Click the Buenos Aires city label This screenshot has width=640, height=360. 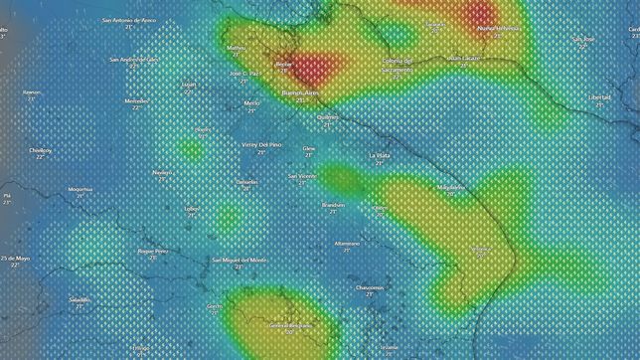pyautogui.click(x=300, y=92)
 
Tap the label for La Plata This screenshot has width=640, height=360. pyautogui.click(x=379, y=156)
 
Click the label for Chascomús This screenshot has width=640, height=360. pyautogui.click(x=370, y=286)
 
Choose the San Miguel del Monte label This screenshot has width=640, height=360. pyautogui.click(x=240, y=260)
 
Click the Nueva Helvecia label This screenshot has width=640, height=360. pyautogui.click(x=498, y=28)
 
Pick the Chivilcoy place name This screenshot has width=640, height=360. pyautogui.click(x=41, y=150)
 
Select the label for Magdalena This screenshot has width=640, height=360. pyautogui.click(x=451, y=187)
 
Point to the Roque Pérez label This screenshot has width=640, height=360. pyautogui.click(x=152, y=251)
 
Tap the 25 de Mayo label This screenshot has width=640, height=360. pyautogui.click(x=16, y=258)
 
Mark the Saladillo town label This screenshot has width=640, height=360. pyautogui.click(x=80, y=298)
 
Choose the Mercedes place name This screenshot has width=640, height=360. pyautogui.click(x=137, y=100)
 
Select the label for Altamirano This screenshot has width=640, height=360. pyautogui.click(x=347, y=243)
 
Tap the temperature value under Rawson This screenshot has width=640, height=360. pyautogui.click(x=32, y=99)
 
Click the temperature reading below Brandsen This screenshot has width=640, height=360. pyautogui.click(x=333, y=212)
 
